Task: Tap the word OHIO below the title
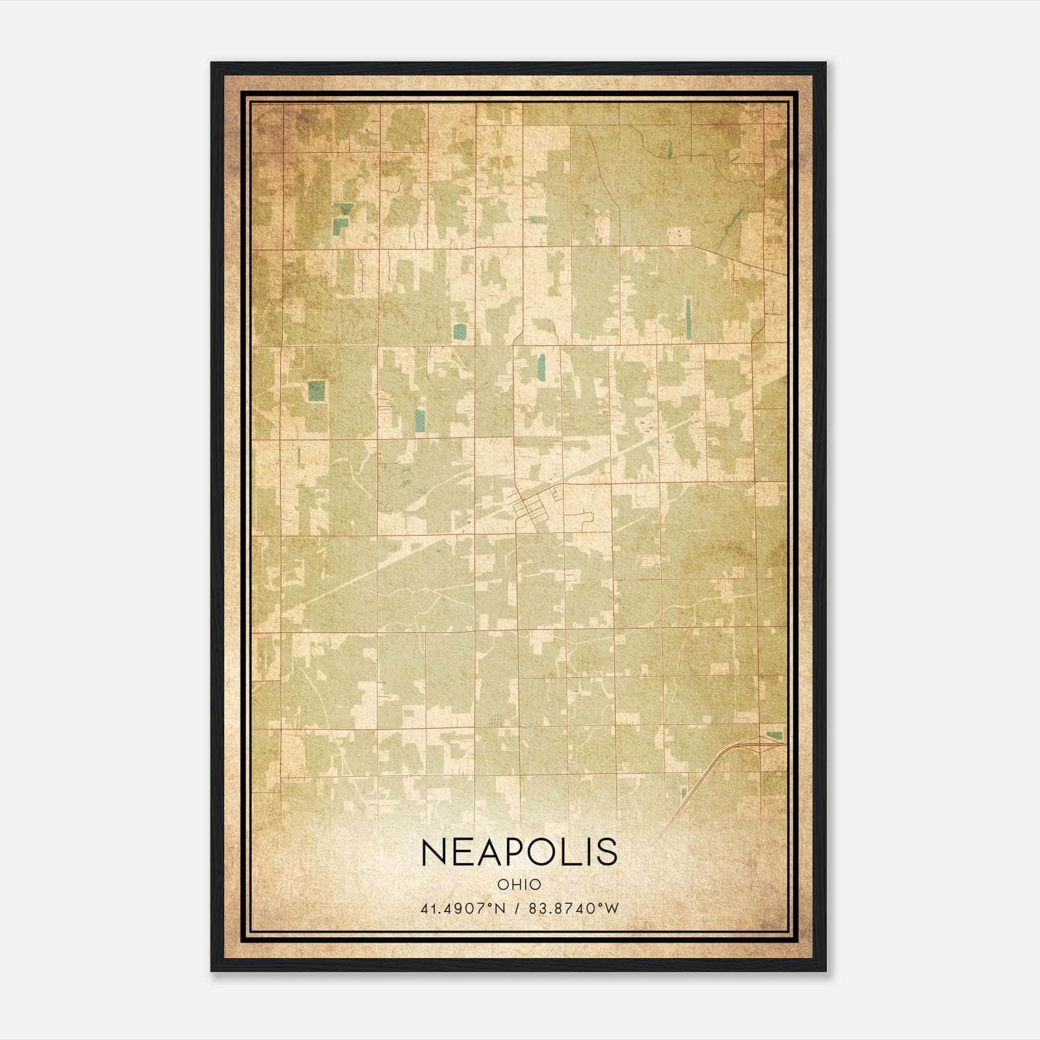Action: (x=519, y=884)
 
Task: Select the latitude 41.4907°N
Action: (x=463, y=908)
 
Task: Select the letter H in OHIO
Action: (x=513, y=884)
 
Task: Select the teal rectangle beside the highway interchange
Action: (x=774, y=735)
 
